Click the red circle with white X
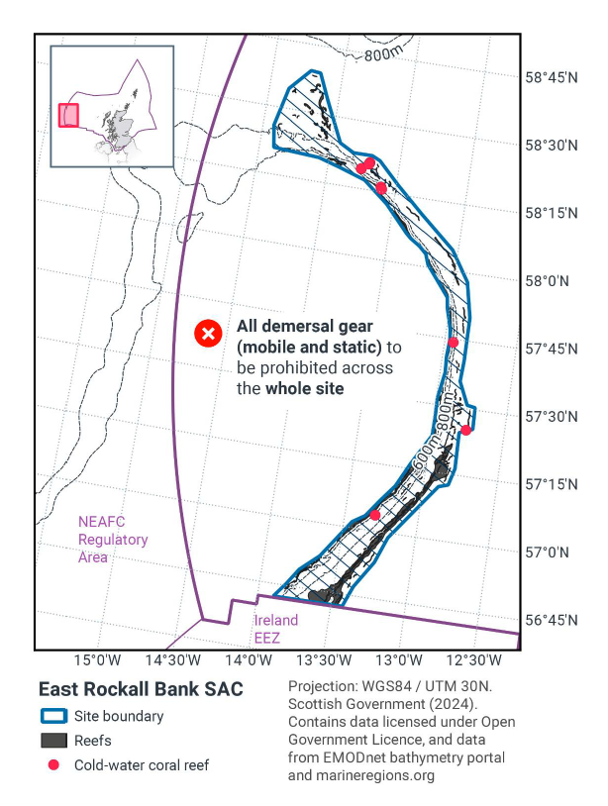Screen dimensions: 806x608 coord(207,334)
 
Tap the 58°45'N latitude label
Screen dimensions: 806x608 coord(552,77)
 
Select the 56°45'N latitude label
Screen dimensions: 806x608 coord(552,620)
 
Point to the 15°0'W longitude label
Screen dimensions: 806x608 coord(101,660)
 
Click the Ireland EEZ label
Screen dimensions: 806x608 coord(275,628)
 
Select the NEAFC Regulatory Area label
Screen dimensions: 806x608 coord(113,540)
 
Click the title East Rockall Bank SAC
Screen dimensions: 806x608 coord(141,688)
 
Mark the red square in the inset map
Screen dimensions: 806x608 coord(68,115)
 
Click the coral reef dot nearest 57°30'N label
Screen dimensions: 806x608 coord(465,430)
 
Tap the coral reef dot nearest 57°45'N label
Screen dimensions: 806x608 coord(453,343)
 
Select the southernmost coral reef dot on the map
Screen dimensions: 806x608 coord(374,515)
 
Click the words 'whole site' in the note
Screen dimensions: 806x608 coord(305,389)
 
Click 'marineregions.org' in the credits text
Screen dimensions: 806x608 coord(361,776)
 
